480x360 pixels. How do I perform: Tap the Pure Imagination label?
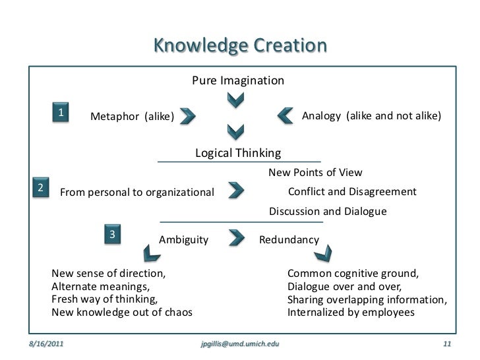[238, 81]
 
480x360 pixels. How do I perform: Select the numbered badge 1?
[61, 113]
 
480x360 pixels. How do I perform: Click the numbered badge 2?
[40, 188]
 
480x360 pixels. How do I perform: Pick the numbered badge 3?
[113, 235]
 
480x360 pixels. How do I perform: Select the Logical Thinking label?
[238, 154]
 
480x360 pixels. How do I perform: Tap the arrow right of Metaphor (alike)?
[187, 117]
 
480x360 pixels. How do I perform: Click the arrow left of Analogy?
[285, 116]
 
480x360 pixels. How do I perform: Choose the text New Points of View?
[315, 173]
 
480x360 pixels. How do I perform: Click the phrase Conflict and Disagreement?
[352, 192]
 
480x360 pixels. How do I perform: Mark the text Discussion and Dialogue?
[328, 212]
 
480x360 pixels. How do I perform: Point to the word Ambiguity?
[184, 241]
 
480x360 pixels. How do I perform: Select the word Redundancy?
[289, 241]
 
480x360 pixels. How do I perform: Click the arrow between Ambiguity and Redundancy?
[237, 237]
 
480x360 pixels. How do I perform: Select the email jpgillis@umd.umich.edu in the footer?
[239, 344]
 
